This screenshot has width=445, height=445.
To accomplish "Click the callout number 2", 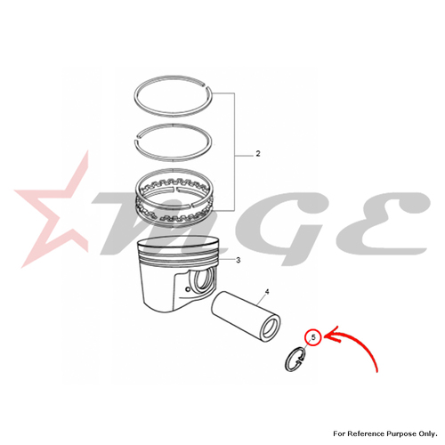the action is click(258, 154).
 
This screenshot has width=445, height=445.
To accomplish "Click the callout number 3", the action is click(239, 260).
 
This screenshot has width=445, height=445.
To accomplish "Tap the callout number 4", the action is click(267, 292).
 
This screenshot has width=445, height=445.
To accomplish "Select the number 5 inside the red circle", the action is click(314, 337).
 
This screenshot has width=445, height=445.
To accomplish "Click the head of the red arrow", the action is click(328, 336).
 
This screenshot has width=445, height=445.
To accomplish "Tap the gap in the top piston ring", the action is click(206, 87).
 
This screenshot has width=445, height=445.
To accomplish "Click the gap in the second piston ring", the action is click(138, 137).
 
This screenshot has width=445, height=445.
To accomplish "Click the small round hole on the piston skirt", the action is click(187, 289).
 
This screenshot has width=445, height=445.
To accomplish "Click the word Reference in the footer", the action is click(366, 433).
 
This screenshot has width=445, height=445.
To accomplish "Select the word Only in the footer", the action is click(428, 434).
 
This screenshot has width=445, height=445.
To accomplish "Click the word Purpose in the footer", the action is click(400, 434).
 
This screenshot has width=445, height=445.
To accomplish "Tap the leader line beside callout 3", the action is click(226, 260).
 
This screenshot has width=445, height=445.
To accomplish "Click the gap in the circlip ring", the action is click(302, 359).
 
